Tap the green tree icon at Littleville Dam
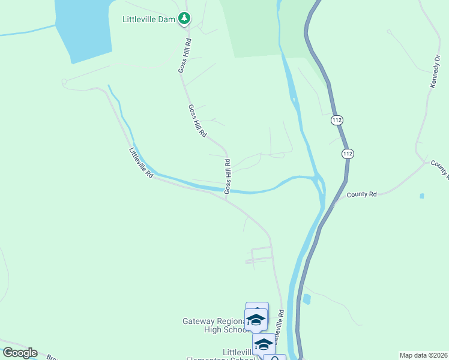(184, 19)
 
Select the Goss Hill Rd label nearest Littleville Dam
(185, 56)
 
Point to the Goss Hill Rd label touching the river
(228, 176)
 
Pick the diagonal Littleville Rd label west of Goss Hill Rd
(142, 162)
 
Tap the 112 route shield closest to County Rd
(348, 154)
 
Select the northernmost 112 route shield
(337, 121)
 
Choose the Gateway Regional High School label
(215, 325)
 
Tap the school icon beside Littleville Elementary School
(263, 344)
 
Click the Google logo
(19, 353)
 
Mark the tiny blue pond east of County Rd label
(422, 196)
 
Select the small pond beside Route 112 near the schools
(307, 299)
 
